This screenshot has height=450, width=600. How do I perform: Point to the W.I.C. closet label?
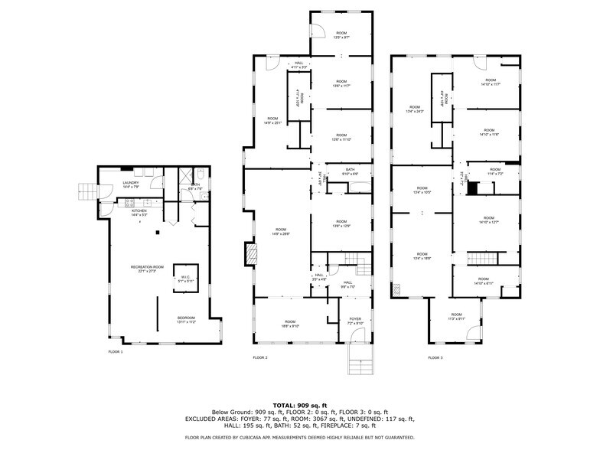pos(184,279)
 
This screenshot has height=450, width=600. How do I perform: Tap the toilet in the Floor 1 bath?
pos(198,173)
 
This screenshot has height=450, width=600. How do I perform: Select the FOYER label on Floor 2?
pos(355,321)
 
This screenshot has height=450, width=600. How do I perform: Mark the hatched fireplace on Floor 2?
pos(250,254)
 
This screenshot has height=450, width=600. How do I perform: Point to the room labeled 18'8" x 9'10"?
pos(290,324)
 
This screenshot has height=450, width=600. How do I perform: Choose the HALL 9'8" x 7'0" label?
pos(347,285)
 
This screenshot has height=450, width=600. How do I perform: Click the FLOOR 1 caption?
pos(115,351)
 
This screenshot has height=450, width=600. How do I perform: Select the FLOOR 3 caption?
pos(435,357)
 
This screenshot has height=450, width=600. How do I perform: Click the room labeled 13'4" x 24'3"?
pos(415,109)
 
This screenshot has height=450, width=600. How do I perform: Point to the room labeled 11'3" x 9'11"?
pos(456,317)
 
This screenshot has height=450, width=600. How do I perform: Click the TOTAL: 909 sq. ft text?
pos(299,405)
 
